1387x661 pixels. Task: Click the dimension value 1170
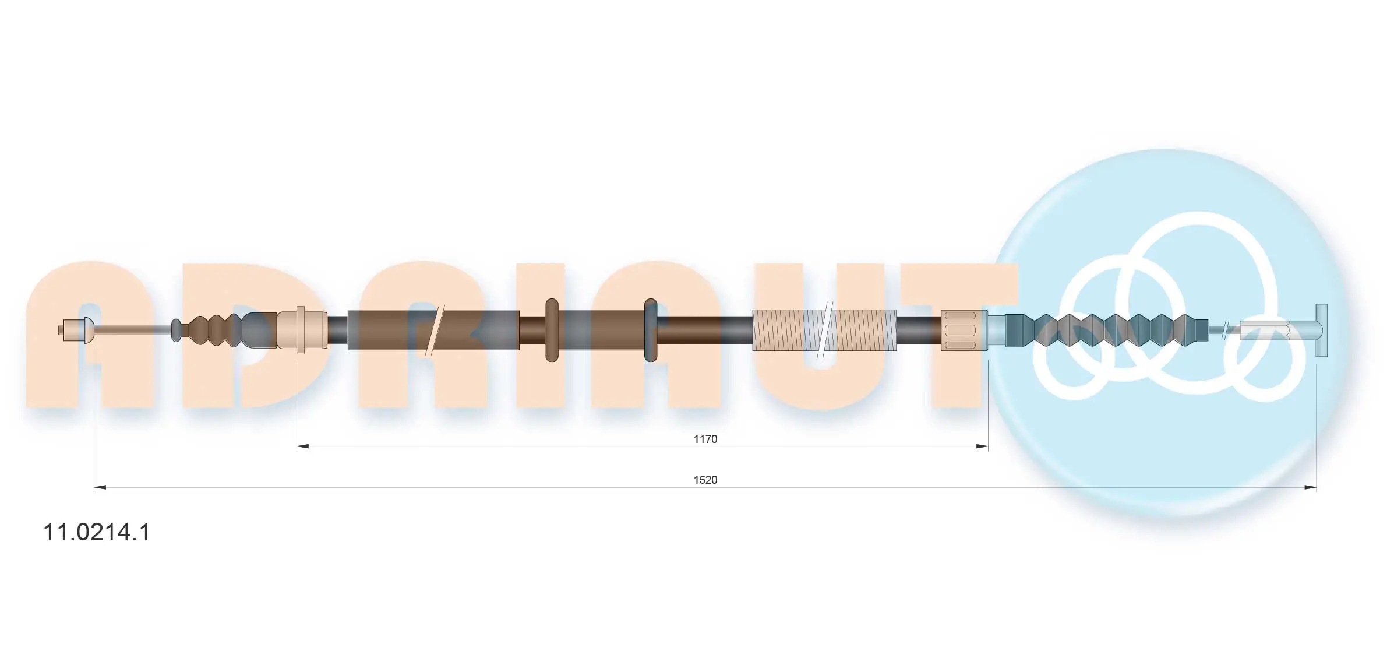[x=705, y=439]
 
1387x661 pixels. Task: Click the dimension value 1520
[x=705, y=480]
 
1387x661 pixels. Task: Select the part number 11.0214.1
[x=97, y=532]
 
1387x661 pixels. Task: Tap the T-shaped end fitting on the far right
[x=1321, y=331]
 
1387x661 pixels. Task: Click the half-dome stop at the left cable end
[x=87, y=331]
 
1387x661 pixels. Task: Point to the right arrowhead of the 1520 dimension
[x=1310, y=487]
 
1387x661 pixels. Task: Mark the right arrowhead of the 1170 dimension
[x=982, y=446]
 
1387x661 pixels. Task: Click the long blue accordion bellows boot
[x=1107, y=331]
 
